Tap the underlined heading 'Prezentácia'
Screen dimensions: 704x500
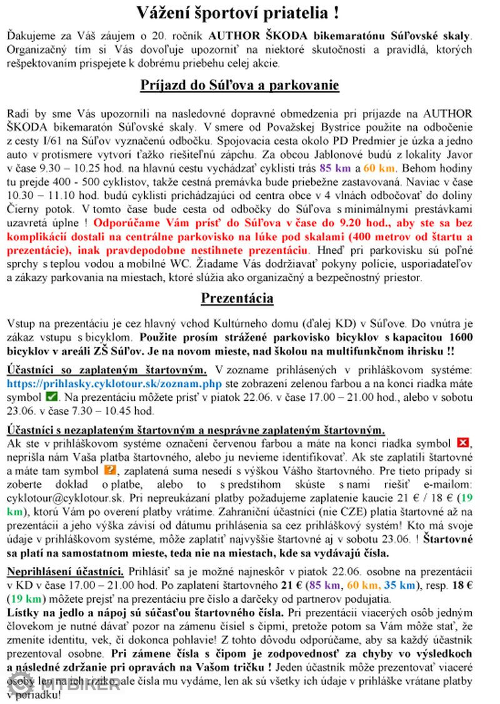click(x=237, y=298)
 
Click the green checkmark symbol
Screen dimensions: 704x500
click(x=52, y=397)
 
